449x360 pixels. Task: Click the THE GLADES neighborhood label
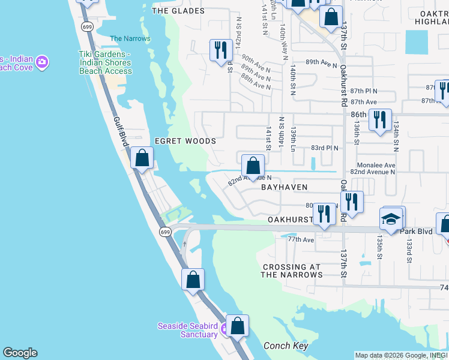[x=178, y=11]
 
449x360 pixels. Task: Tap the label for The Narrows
[x=130, y=39]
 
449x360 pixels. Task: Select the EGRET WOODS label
[x=185, y=141]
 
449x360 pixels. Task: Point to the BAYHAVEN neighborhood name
[x=285, y=187]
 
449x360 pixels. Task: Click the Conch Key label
[x=286, y=346]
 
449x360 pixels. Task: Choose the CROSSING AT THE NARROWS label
[x=292, y=271]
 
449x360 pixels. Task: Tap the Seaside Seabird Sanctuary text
[x=187, y=330]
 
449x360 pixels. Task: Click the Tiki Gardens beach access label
[x=106, y=62]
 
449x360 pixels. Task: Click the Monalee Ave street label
[x=375, y=165]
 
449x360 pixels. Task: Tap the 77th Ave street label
[x=301, y=239]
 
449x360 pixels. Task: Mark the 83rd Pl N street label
[x=324, y=148]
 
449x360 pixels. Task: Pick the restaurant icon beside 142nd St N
[x=221, y=50]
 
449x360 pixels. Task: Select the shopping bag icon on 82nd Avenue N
[x=253, y=165]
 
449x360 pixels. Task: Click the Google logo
[x=20, y=353]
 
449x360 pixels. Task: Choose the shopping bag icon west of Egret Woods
[x=142, y=158]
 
